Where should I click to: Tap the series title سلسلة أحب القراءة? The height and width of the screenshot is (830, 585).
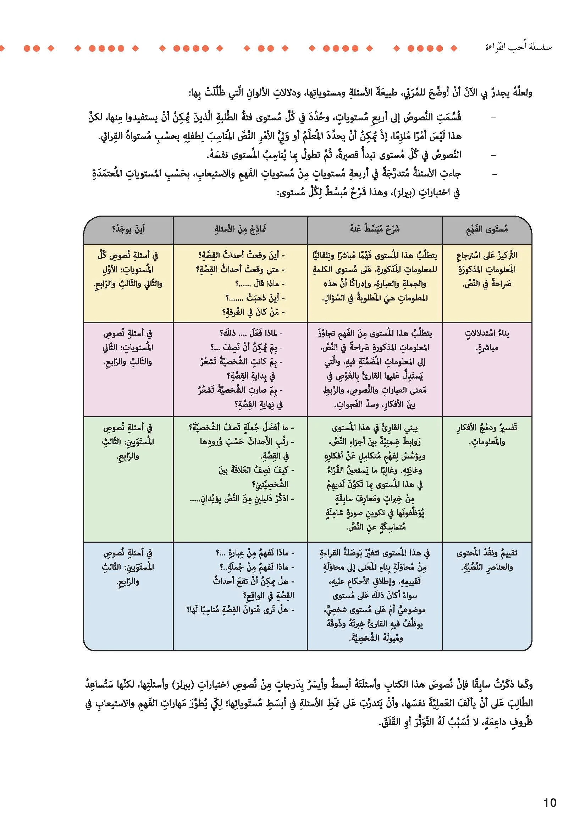click(518, 47)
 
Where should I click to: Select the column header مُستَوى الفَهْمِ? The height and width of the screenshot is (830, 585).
click(487, 229)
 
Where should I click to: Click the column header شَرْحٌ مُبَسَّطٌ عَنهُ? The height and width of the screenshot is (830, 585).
click(375, 229)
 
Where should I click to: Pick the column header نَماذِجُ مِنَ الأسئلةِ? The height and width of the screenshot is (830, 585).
click(240, 229)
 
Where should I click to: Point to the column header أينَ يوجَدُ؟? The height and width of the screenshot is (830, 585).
click(128, 229)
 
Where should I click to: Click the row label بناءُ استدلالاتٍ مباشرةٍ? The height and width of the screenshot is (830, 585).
click(487, 340)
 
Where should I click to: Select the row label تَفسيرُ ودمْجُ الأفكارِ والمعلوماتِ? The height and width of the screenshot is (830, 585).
click(487, 434)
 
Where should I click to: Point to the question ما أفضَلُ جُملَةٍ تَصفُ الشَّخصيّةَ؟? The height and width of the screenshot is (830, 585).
click(241, 427)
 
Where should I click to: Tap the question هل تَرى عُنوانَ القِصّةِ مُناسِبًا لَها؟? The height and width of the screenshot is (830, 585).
click(240, 610)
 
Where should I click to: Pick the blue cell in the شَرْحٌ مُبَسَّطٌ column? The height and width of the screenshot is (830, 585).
click(375, 595)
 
